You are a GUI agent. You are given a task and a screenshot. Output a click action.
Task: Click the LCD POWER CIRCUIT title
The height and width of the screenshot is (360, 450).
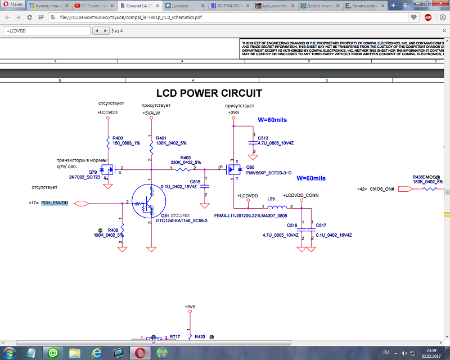[209, 93]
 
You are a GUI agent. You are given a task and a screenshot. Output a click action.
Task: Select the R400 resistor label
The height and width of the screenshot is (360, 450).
[118, 138]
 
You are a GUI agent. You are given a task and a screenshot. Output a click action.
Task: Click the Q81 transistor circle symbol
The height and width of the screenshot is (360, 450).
[148, 203]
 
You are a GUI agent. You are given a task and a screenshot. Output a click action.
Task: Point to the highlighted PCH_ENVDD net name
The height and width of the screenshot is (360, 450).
[55, 202]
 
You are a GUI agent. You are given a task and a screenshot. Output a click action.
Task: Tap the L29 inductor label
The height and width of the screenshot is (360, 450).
[271, 199]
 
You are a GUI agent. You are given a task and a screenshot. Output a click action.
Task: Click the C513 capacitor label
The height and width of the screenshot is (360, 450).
[263, 137]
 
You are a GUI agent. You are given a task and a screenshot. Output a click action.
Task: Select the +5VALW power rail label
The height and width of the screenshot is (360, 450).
[151, 113]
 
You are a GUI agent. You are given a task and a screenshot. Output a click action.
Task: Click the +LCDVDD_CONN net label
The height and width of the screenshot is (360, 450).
[303, 195]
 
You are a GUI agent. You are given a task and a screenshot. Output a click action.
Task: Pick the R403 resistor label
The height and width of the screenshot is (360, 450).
[186, 157]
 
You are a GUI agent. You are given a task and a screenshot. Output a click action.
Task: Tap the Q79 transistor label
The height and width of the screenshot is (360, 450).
[92, 172]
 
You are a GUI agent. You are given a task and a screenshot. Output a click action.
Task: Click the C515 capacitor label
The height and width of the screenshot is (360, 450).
[195, 182]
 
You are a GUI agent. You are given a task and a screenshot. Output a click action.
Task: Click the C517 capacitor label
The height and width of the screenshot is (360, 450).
[321, 225]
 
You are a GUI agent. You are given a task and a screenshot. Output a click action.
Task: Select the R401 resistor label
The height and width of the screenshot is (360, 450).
[161, 138]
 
